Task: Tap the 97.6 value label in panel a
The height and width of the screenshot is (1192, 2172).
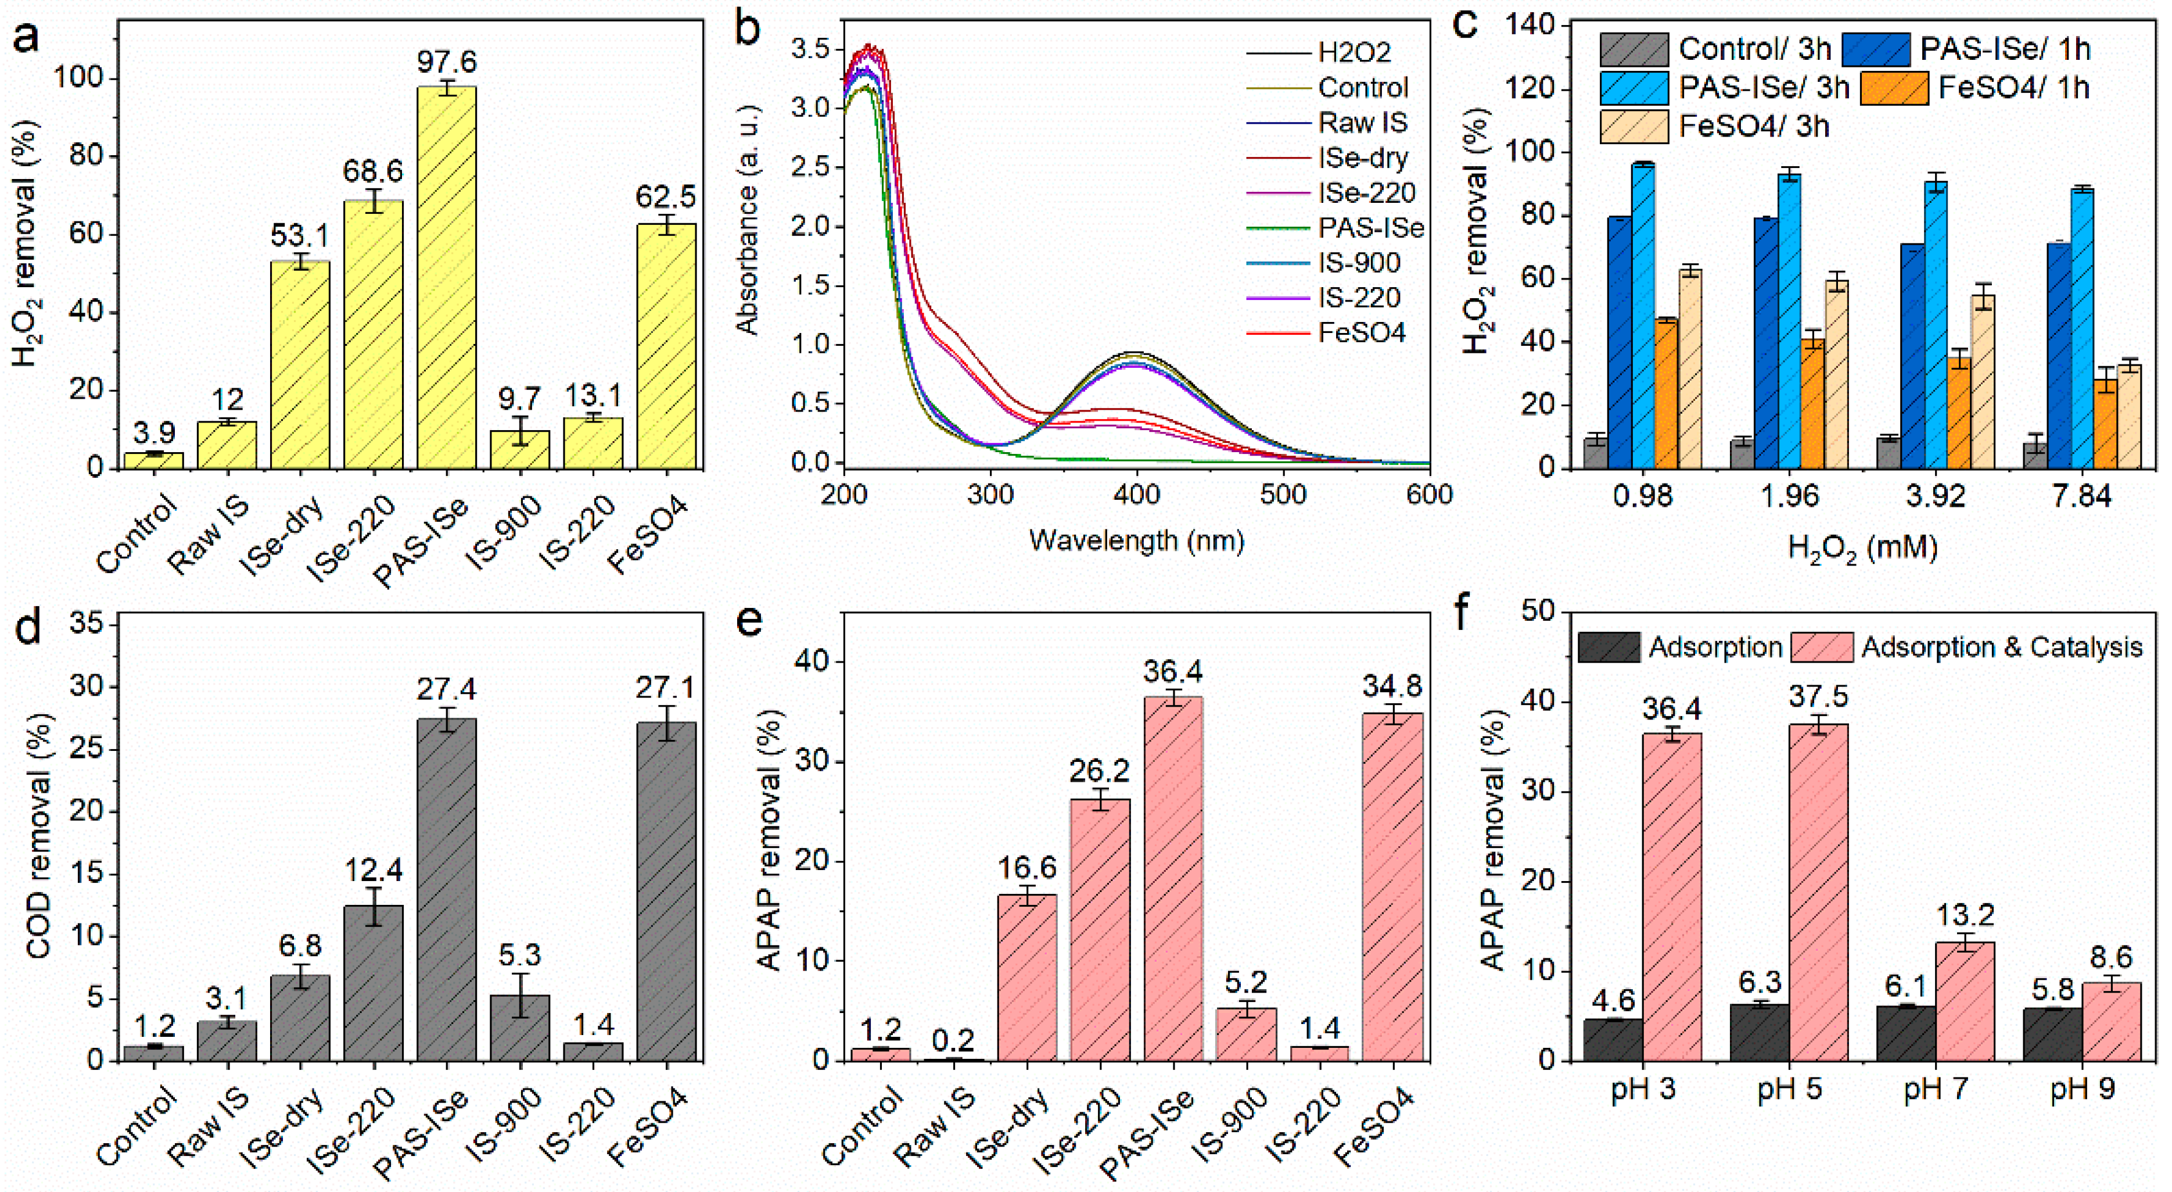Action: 446,62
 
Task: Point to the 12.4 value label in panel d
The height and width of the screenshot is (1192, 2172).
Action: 373,868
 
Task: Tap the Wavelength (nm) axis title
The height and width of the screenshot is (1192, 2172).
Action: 1137,540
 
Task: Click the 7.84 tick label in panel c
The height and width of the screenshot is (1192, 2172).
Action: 2082,496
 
